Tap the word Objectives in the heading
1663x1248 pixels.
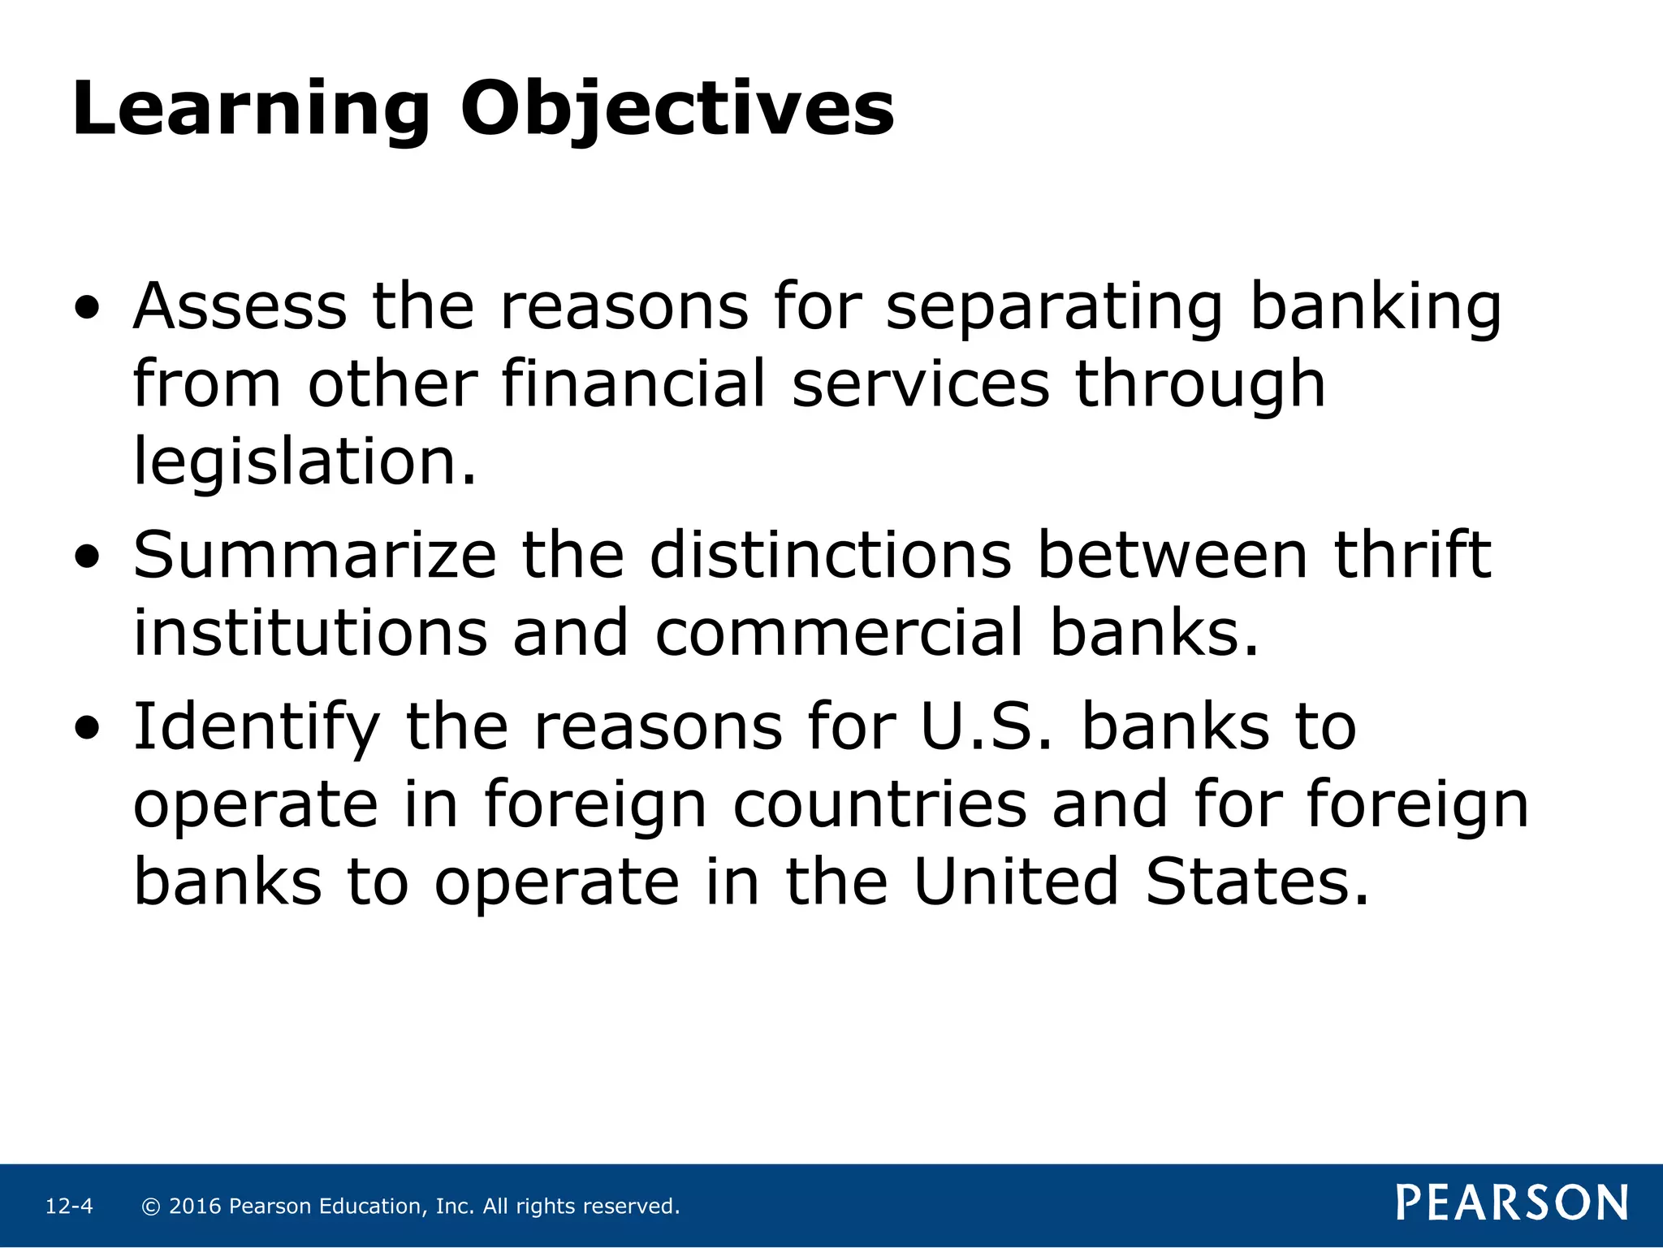coord(677,110)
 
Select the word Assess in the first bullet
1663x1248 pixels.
coord(240,306)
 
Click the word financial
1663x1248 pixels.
coord(633,383)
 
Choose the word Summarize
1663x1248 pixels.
coord(315,556)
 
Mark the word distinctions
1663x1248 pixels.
coord(830,556)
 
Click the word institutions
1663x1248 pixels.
coord(310,633)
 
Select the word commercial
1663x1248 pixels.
coord(839,633)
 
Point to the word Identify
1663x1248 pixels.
coord(257,727)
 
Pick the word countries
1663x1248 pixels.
coord(879,804)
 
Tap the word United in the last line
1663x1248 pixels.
coord(1017,882)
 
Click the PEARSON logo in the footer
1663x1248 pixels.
coord(1512,1203)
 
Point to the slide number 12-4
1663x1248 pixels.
coord(69,1207)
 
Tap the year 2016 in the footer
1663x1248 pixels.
coord(195,1207)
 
